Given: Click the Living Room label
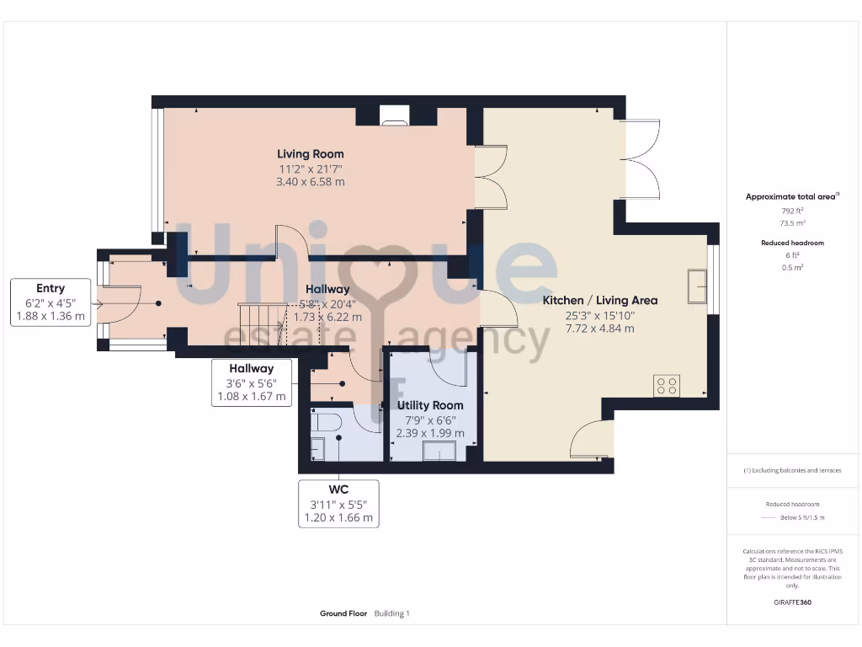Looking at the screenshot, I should [x=311, y=154].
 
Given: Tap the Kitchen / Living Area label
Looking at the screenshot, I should [x=599, y=300].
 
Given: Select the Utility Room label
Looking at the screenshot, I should [x=430, y=405].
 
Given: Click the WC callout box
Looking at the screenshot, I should [x=339, y=504].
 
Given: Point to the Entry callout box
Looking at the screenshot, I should [x=51, y=302].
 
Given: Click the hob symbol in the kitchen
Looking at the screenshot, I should [x=667, y=386].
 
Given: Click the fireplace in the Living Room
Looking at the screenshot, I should [x=394, y=116].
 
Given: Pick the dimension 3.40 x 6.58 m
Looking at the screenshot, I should [x=311, y=182].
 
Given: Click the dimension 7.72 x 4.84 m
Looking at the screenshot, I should [x=599, y=329].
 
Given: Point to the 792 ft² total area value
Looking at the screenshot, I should [x=791, y=211].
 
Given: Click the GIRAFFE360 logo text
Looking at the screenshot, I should [x=791, y=602].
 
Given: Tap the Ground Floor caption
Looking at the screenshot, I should [x=343, y=614].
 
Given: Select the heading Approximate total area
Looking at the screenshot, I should [x=791, y=196].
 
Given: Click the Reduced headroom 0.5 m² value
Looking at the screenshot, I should [x=791, y=267].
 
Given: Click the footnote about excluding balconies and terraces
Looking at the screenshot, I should [x=791, y=470].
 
